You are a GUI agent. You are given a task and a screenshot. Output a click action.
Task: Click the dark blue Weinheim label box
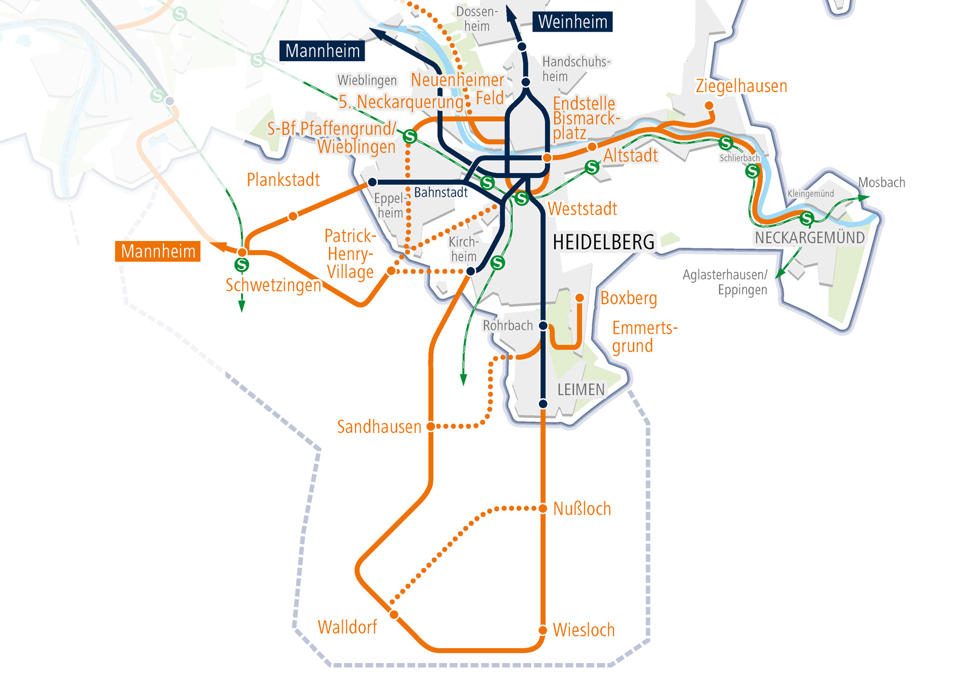point(572,22)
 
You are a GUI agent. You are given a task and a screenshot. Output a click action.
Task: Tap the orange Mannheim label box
point(157,251)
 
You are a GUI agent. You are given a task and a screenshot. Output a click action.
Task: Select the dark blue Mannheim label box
point(322,51)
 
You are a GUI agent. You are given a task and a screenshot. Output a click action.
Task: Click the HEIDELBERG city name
point(603,242)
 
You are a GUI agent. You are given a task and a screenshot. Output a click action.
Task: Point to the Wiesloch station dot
point(543,630)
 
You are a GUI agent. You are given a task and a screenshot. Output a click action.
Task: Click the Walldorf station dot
point(394,615)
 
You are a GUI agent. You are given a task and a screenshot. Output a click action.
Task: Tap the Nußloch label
point(581,509)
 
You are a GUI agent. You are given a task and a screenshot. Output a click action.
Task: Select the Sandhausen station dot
point(431,426)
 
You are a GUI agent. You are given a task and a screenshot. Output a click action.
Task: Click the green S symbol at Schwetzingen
point(242,265)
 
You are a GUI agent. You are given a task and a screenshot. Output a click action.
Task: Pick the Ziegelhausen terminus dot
point(709,106)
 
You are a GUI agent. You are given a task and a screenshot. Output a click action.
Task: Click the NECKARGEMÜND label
point(809,237)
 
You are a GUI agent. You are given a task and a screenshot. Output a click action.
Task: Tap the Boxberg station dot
point(580,298)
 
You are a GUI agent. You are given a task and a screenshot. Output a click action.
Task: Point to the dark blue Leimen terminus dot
point(543,404)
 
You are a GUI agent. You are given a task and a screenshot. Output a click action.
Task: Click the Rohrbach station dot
point(543,326)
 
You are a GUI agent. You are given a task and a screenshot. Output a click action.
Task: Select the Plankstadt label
point(283,180)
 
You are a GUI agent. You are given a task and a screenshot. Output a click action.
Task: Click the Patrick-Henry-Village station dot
point(392,271)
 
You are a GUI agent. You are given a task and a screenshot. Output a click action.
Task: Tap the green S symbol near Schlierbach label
point(726,144)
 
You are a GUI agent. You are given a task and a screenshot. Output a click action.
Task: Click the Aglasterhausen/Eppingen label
point(725,282)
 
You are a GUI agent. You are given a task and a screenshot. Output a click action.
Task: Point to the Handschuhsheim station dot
point(526,82)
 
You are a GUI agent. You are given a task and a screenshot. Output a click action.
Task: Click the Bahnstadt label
point(441,193)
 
